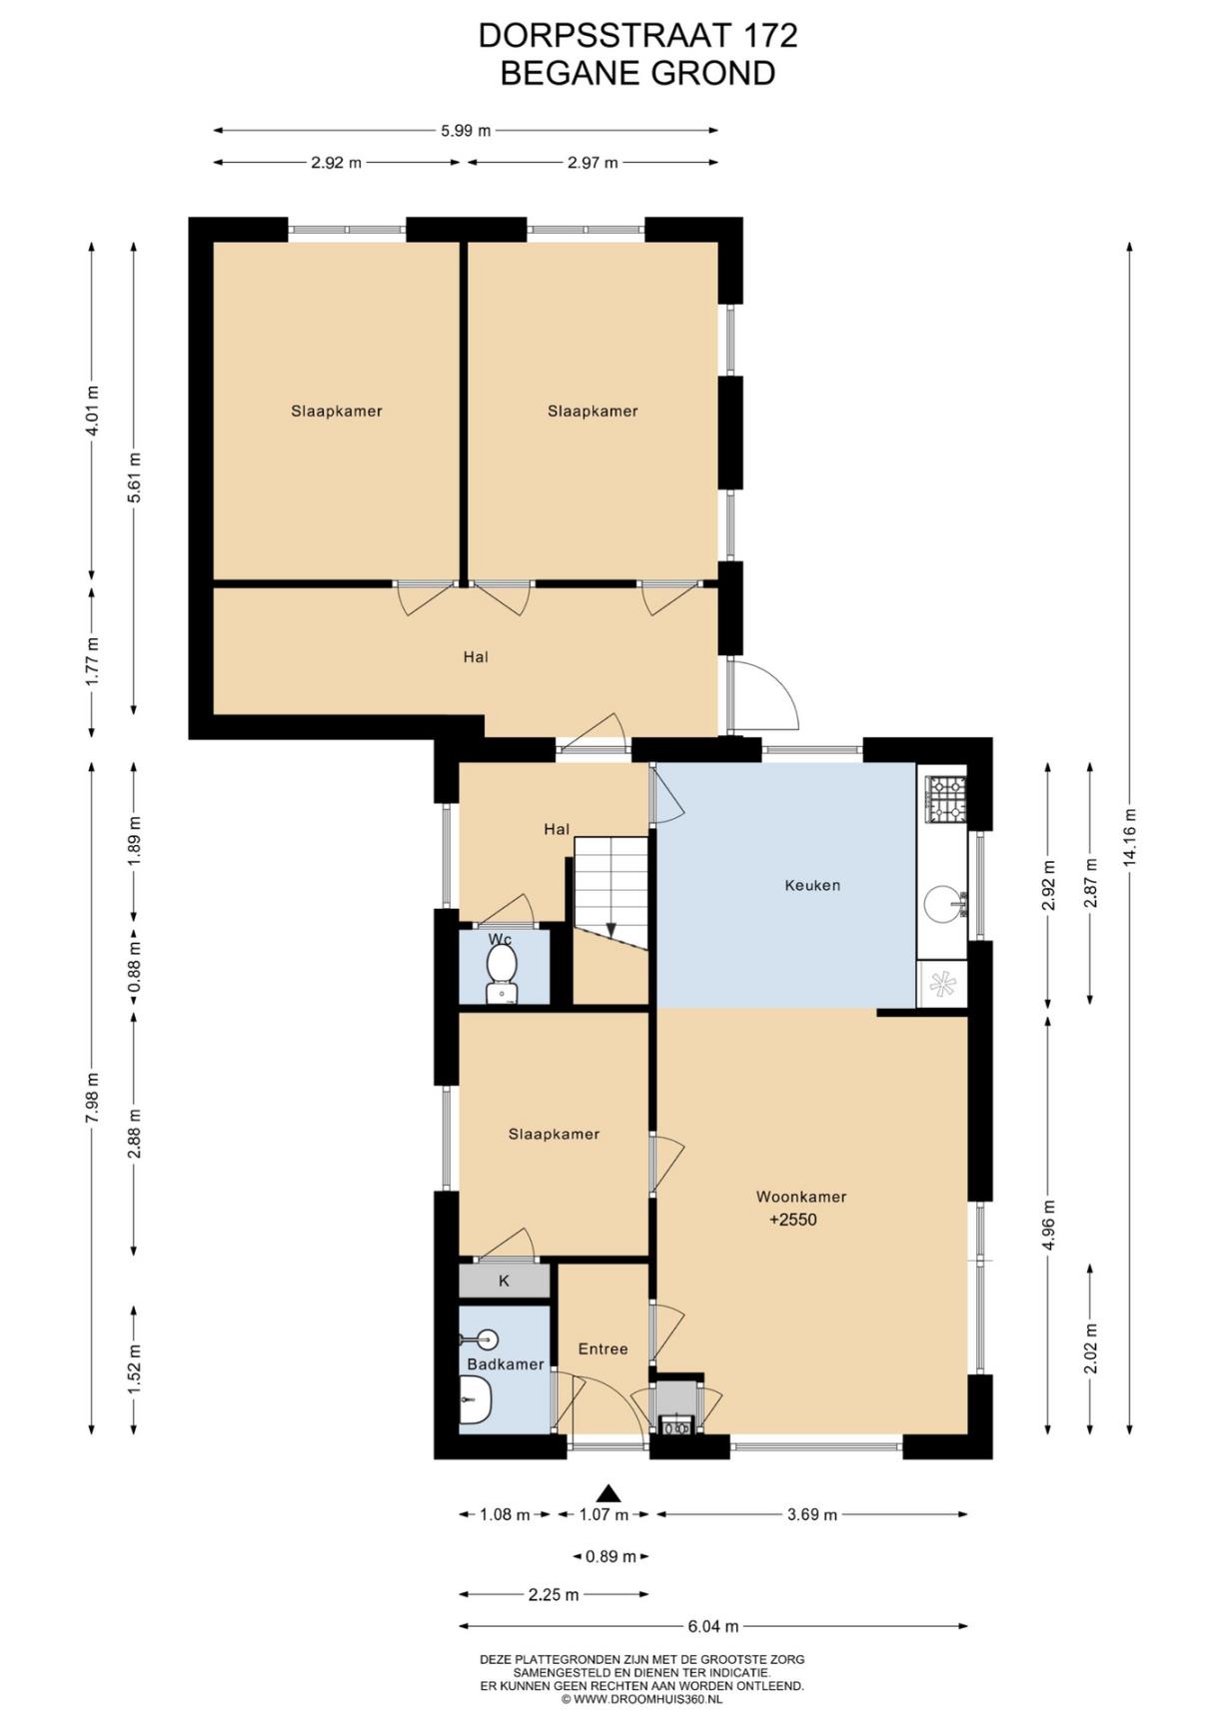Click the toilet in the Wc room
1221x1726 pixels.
click(501, 973)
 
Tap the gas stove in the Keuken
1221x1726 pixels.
click(945, 799)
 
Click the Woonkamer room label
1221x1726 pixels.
click(801, 1196)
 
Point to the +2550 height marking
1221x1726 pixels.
click(793, 1220)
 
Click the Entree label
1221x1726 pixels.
click(604, 1348)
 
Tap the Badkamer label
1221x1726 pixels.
click(506, 1364)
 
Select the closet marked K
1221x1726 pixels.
click(505, 1281)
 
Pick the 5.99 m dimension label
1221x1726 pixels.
click(467, 130)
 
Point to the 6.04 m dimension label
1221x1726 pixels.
click(713, 1626)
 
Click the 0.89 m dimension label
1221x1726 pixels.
click(610, 1556)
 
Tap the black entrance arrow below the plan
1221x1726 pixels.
click(609, 1493)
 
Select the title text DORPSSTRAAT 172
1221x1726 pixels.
click(637, 35)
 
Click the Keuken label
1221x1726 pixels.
click(812, 885)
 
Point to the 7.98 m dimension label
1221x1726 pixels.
click(92, 1099)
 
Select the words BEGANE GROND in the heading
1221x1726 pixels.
click(637, 73)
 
